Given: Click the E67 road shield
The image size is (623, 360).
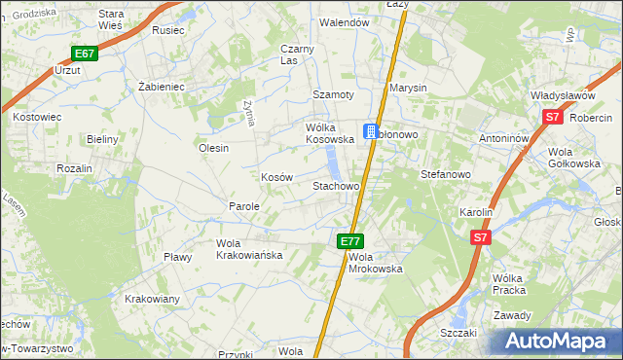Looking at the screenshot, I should pos(84,54).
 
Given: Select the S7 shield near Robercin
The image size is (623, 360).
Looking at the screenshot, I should pos(552,117).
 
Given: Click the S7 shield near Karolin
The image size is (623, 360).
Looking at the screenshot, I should pos(480,236).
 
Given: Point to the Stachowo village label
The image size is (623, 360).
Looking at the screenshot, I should pos(336,185).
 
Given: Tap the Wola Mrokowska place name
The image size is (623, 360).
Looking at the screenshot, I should pos(375,263).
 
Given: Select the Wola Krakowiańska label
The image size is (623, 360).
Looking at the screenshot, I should pos(249,248).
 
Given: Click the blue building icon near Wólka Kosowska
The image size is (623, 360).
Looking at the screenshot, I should pos(371,131).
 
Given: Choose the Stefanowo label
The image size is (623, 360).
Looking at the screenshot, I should pos(445,175).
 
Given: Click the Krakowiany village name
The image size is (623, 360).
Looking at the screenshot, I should pos(152,299).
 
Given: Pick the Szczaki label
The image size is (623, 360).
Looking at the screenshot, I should pos(458,332).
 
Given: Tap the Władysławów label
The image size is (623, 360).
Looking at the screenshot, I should pos(562,95).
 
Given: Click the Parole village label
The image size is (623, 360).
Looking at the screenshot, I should pos(243,206).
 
